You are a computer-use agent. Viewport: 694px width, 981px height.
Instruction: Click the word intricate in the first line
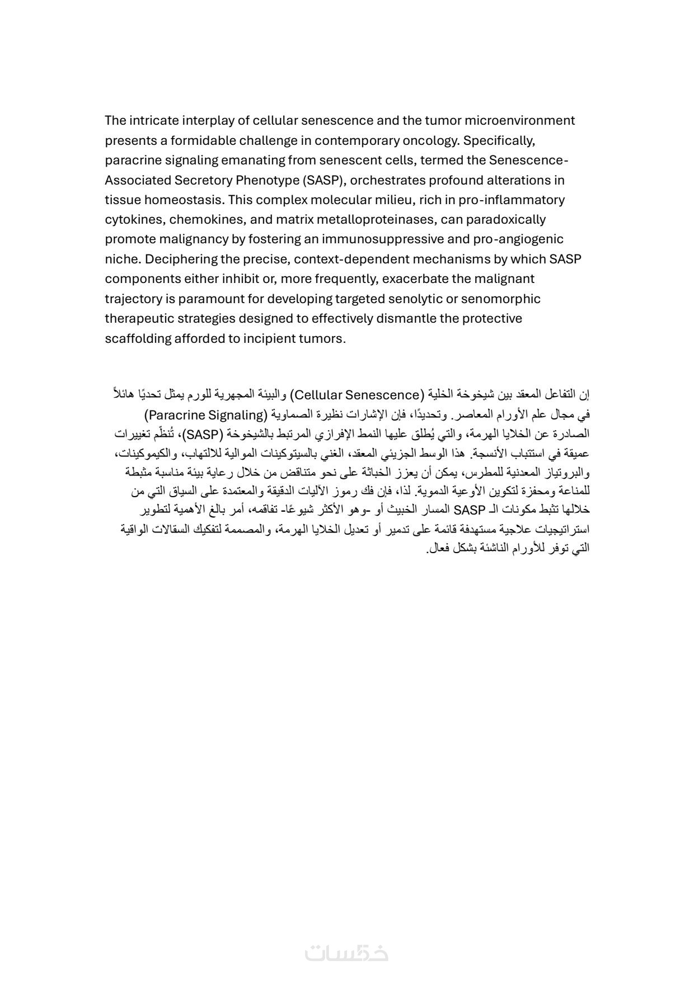(x=153, y=120)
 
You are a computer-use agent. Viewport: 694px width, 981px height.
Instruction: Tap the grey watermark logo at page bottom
(x=346, y=952)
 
